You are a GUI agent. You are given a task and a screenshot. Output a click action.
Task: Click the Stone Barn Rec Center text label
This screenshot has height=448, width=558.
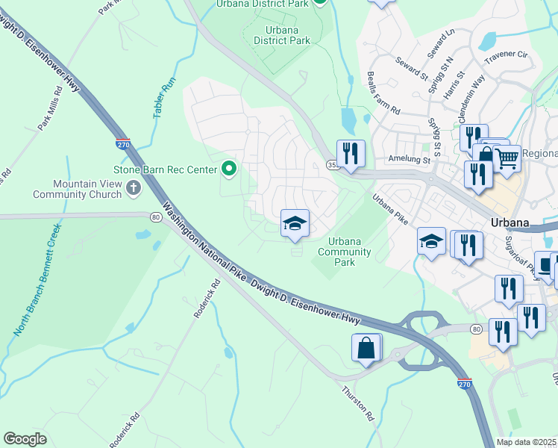[164, 169]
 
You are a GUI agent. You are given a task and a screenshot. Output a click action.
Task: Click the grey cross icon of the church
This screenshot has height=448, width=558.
[134, 187]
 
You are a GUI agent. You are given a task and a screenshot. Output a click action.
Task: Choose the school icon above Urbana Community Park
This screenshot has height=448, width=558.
[295, 223]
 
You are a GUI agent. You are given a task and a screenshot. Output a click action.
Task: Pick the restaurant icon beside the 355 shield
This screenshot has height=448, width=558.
[351, 154]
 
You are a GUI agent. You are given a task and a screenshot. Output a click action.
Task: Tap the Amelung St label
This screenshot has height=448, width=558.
[410, 159]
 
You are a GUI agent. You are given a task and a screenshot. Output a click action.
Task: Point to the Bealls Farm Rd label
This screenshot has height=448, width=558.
[384, 93]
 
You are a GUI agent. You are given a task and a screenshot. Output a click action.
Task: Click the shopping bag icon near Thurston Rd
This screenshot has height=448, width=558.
[366, 348]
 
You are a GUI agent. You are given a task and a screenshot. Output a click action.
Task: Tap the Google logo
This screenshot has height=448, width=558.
[25, 438]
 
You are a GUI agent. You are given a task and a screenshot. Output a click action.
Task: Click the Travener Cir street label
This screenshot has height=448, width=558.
[506, 55]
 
